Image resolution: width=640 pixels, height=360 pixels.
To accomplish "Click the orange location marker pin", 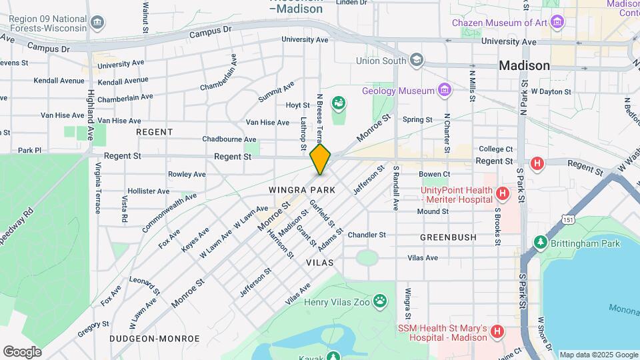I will (x=320, y=159).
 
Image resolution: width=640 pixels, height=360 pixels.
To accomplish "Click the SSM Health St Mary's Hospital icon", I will (x=497, y=331).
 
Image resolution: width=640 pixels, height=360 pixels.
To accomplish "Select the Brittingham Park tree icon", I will (x=541, y=243).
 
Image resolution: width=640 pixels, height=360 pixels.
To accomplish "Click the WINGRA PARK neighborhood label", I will (x=301, y=190).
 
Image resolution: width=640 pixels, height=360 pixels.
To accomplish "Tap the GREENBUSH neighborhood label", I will (x=448, y=237).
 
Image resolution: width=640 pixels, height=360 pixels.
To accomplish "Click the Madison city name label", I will (x=525, y=65).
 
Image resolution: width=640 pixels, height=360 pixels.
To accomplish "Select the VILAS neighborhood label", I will (x=319, y=263).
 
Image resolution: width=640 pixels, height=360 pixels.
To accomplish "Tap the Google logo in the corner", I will (x=22, y=351).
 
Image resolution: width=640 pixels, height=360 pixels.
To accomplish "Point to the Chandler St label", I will (x=367, y=235).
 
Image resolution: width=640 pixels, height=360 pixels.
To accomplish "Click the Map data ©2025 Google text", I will (x=598, y=355).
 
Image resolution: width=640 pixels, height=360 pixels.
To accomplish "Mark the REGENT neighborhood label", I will (x=155, y=132).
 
